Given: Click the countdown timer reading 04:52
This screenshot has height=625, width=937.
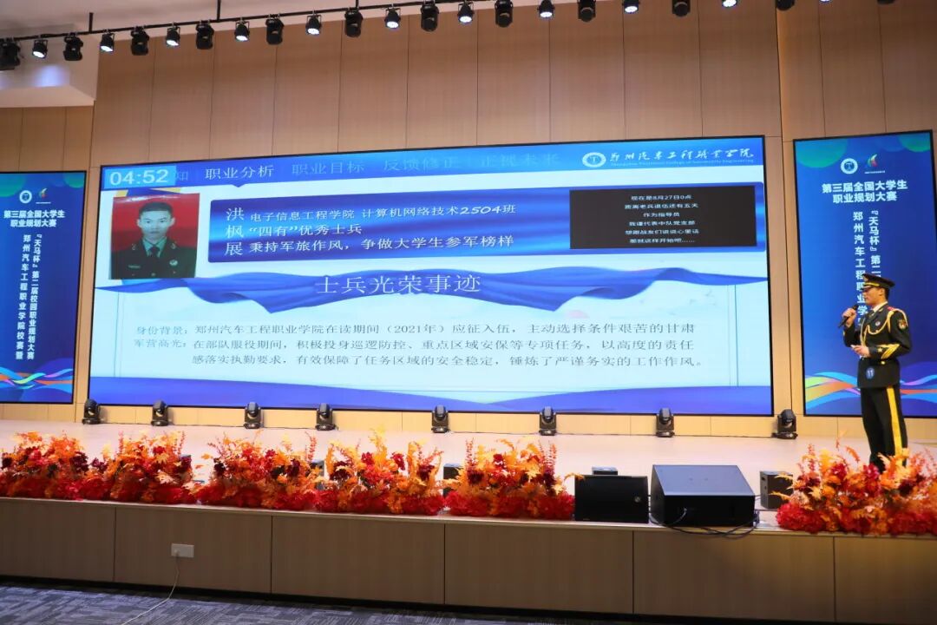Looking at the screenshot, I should click(139, 177).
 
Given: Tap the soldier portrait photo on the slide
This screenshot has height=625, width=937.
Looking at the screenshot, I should click(154, 235).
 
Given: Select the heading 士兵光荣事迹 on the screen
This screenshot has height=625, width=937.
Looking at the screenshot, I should click(397, 285).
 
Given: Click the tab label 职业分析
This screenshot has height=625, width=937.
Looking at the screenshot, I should click(239, 171).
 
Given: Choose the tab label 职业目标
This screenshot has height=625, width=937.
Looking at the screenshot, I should click(327, 168).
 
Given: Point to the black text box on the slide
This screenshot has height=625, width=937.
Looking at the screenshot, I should click(662, 217).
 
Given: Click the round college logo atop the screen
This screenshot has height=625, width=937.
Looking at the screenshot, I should click(593, 159).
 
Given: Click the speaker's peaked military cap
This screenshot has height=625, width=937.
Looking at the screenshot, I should click(876, 281).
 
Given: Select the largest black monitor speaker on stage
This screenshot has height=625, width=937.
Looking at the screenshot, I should click(702, 495).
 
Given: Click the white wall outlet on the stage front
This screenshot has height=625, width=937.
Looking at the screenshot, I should click(182, 550).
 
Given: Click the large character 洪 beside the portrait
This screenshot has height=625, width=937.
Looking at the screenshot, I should click(235, 214).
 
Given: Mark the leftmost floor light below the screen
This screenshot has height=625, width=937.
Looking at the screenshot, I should click(91, 411).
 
